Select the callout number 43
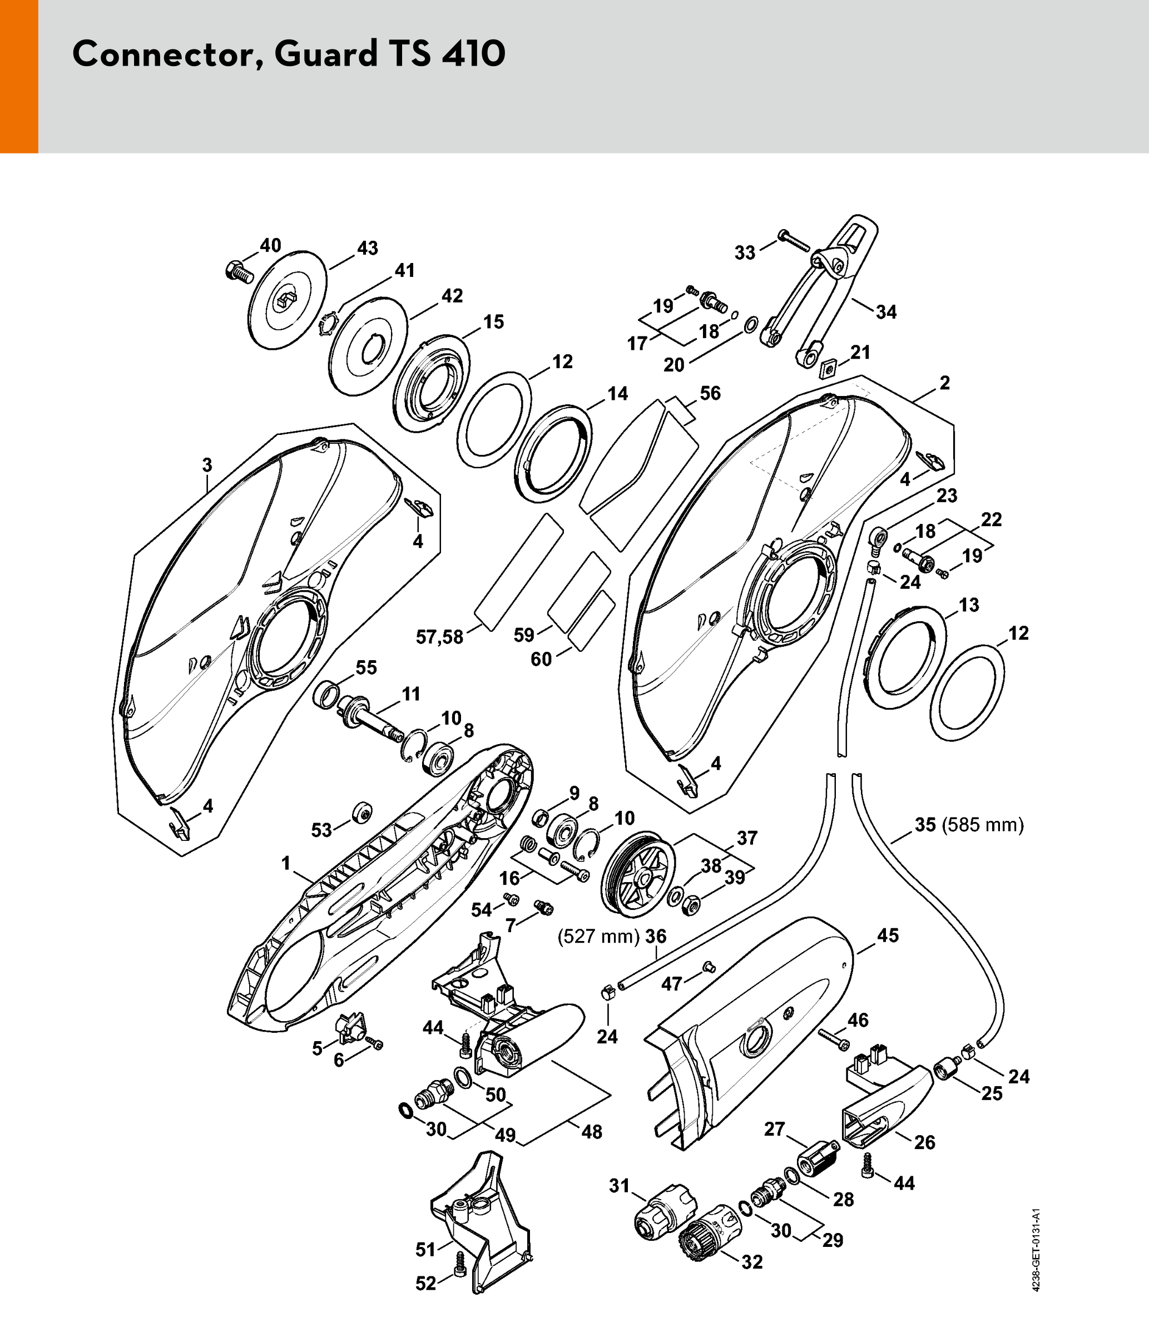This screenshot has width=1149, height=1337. click(x=367, y=249)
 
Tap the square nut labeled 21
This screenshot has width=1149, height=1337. click(x=828, y=370)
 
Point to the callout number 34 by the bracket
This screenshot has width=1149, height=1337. click(x=886, y=313)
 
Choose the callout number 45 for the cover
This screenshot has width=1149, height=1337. click(x=888, y=935)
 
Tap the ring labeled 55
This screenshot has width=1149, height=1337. click(x=327, y=695)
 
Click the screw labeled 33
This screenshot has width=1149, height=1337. click(x=794, y=241)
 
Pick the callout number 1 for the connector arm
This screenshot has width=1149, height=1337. click(x=286, y=863)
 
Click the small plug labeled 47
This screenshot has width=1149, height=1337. click(x=709, y=967)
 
